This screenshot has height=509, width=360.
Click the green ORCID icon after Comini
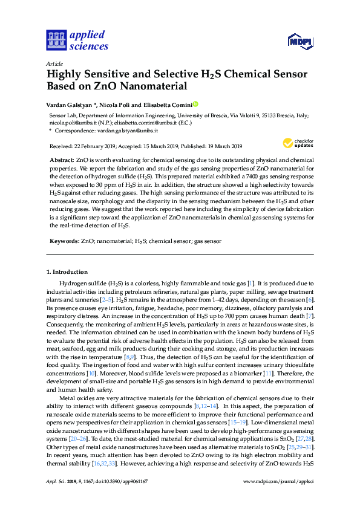tap(195, 105)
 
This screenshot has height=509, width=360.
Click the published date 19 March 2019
tap(221, 146)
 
